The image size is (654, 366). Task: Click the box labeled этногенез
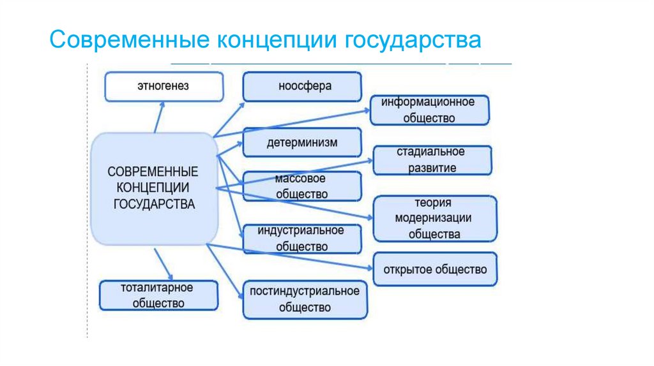[x=163, y=87]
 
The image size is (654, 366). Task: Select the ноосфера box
[x=301, y=87]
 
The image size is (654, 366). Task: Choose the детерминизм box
[x=301, y=143]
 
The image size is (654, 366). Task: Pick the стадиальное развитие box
[x=432, y=160]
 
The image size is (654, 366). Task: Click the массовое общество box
[x=301, y=186]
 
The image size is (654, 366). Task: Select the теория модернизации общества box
[x=434, y=219]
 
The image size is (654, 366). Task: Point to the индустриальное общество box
[x=301, y=238]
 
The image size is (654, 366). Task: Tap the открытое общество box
[x=434, y=269]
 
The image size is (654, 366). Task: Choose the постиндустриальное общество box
[x=305, y=299]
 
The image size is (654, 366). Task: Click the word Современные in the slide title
[x=131, y=42]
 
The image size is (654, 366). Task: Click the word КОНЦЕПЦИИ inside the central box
[x=153, y=188]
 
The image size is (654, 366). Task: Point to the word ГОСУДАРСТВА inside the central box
[x=153, y=204]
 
